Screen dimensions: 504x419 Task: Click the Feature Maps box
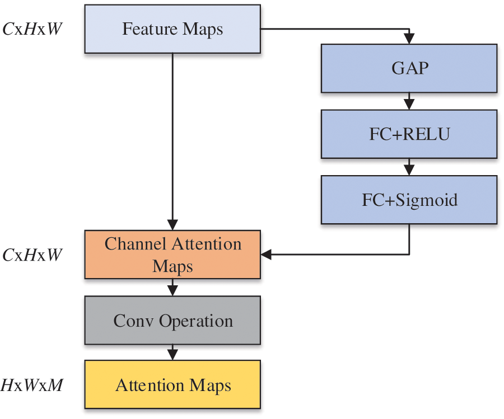(x=172, y=29)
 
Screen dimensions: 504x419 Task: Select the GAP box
(x=409, y=68)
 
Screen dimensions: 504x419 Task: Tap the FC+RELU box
(x=409, y=134)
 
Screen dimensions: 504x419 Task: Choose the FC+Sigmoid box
(x=409, y=200)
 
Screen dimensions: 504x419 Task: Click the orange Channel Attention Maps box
(x=172, y=255)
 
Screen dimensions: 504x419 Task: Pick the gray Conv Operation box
(x=172, y=321)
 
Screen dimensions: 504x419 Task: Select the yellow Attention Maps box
(x=172, y=385)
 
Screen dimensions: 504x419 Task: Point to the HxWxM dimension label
(x=32, y=385)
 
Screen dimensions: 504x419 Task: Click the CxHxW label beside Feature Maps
(x=32, y=29)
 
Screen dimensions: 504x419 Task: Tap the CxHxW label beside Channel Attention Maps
(x=32, y=255)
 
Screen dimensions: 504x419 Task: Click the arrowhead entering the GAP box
(x=409, y=39)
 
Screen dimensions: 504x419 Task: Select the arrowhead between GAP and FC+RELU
(x=409, y=105)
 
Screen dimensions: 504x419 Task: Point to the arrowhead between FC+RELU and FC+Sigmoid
(x=409, y=170)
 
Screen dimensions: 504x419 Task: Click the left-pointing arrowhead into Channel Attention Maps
(x=266, y=255)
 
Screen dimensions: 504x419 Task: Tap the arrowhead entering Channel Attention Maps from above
(x=172, y=225)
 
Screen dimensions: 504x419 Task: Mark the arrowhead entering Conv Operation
(x=172, y=290)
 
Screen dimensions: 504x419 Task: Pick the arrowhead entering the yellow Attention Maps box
(x=172, y=355)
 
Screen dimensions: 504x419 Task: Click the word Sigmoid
(x=426, y=201)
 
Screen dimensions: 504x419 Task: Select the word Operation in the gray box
(x=196, y=322)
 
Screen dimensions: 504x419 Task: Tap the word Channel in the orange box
(x=135, y=244)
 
